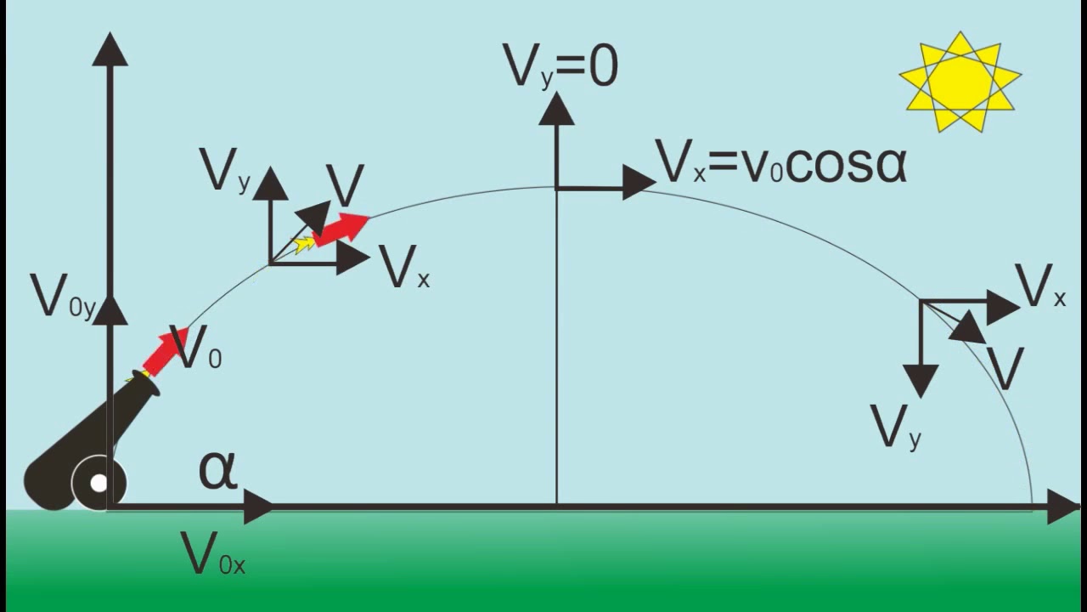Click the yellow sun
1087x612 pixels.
point(960,81)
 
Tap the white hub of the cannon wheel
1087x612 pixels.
point(99,484)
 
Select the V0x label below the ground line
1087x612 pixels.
point(212,554)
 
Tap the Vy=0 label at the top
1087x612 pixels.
point(560,67)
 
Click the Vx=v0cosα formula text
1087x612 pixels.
point(781,163)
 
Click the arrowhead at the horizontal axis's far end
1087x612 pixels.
point(1062,507)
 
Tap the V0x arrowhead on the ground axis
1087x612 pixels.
point(257,507)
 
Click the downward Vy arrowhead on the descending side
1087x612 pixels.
point(921,380)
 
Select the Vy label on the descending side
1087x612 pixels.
point(896,427)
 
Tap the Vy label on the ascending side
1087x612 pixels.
point(225,171)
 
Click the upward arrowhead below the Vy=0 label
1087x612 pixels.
point(556,110)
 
